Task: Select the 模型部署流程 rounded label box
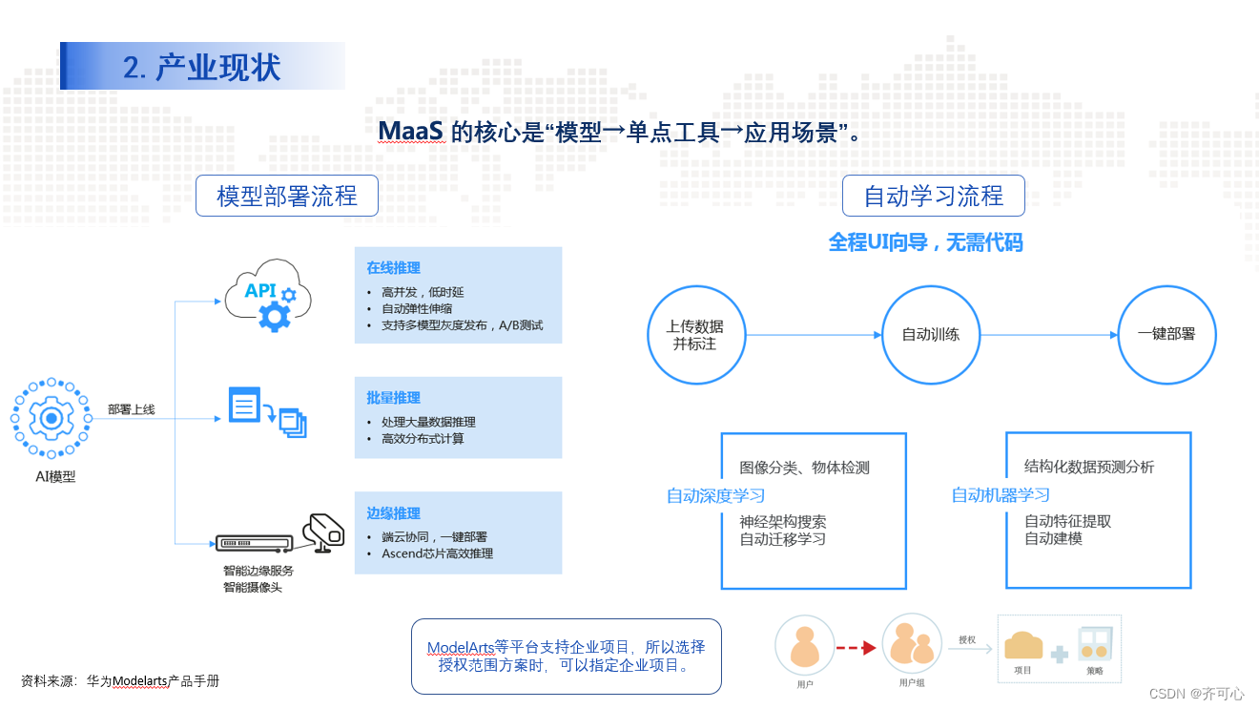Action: click(x=287, y=197)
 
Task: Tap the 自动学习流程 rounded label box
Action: click(x=934, y=197)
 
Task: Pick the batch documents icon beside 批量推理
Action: click(x=267, y=411)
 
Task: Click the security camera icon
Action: click(x=323, y=531)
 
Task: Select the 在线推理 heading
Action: click(x=393, y=268)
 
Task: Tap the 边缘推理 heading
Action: click(x=393, y=513)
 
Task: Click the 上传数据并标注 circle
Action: click(x=694, y=335)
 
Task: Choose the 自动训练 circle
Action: click(x=931, y=335)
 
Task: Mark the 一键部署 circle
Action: click(x=1166, y=335)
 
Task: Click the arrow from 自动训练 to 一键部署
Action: click(x=1049, y=335)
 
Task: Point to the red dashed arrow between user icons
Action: click(x=856, y=648)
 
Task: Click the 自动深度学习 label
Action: click(x=715, y=495)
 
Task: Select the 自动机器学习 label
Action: click(x=1001, y=495)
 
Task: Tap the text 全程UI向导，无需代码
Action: click(x=925, y=243)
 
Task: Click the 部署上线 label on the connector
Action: click(x=131, y=409)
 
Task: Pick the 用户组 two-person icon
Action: click(x=912, y=644)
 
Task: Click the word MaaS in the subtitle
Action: click(x=410, y=131)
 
